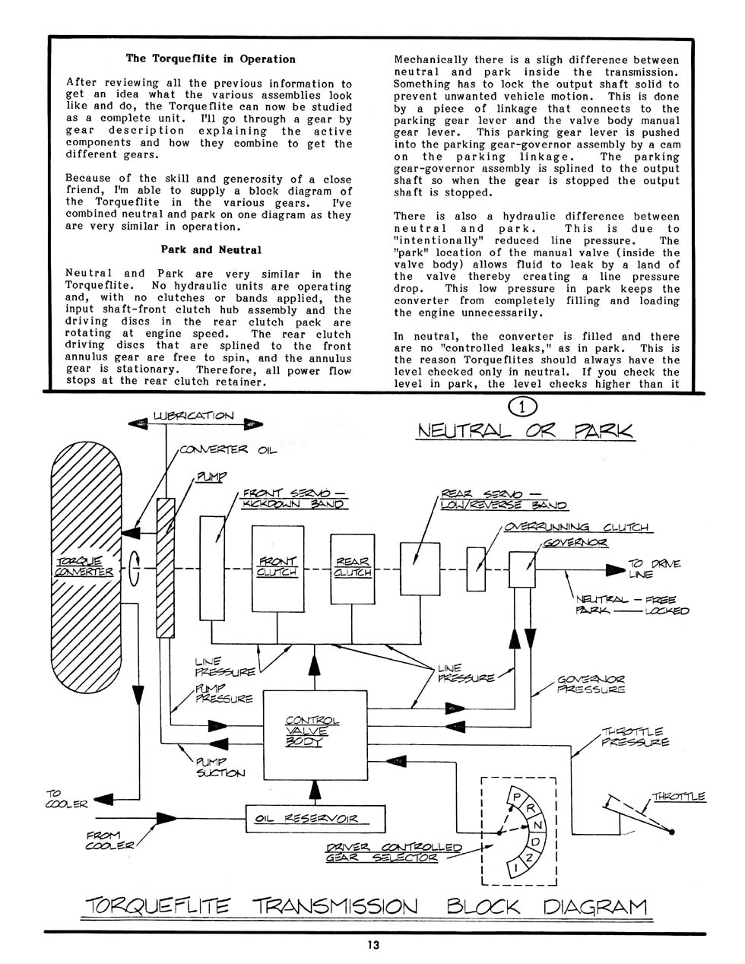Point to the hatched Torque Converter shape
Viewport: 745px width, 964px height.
(x=87, y=568)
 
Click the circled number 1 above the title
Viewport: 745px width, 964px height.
(x=522, y=407)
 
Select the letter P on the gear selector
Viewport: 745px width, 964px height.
(x=516, y=798)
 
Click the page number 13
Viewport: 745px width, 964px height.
(x=373, y=945)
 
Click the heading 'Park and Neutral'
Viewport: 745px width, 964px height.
(x=211, y=250)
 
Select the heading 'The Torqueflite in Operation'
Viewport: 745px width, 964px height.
(x=211, y=59)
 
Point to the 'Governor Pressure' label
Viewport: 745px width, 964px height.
(x=591, y=684)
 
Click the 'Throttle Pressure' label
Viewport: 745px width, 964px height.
(x=635, y=737)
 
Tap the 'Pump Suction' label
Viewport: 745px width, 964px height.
(x=220, y=767)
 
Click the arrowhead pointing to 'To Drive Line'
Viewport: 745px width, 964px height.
(x=616, y=569)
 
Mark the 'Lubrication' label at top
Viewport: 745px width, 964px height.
(x=193, y=416)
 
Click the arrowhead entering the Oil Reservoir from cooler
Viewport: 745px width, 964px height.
(x=166, y=819)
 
